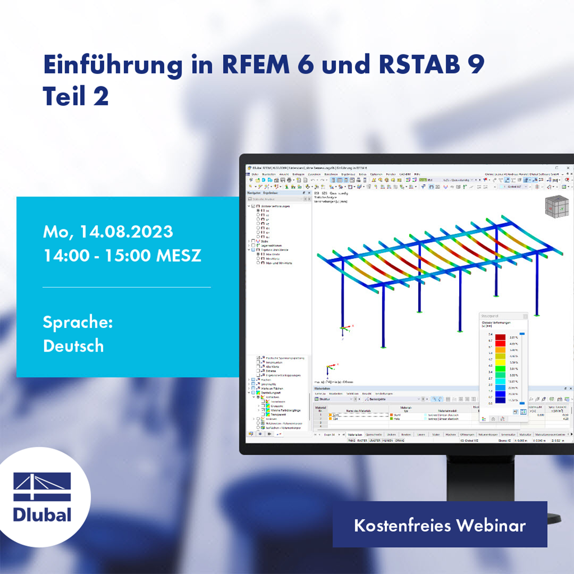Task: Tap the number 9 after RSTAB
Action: [476, 65]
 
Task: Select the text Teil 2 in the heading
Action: [76, 96]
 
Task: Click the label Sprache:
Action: [78, 322]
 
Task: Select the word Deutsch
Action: [73, 346]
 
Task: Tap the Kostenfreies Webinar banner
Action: [439, 525]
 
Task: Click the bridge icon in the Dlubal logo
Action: [42, 487]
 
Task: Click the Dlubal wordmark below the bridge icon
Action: [42, 514]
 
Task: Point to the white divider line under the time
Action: [127, 287]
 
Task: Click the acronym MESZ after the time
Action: [177, 255]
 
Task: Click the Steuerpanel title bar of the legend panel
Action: [503, 316]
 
